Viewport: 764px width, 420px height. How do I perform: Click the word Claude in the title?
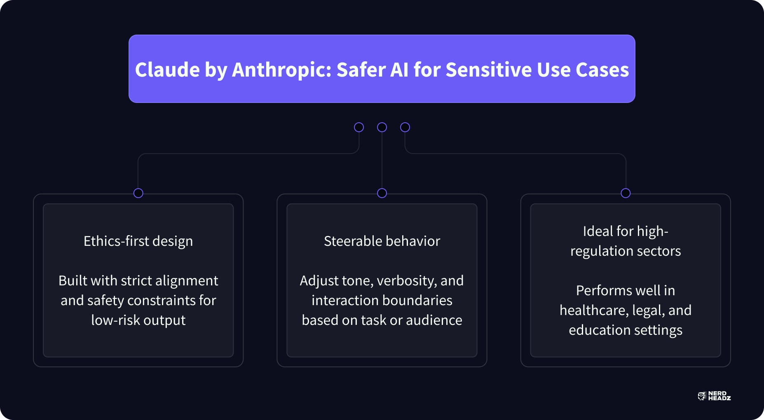[167, 70]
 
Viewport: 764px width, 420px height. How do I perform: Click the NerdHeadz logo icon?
[702, 396]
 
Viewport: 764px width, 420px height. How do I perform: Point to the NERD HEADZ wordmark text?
[719, 396]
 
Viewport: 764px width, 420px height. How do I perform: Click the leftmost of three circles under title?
[359, 127]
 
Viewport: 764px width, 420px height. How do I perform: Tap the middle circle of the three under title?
[382, 127]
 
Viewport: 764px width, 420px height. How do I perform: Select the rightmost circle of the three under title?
[405, 127]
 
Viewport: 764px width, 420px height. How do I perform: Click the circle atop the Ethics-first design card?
[138, 193]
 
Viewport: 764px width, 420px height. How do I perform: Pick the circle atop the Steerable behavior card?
[382, 193]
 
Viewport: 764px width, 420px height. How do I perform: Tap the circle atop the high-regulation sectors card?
[626, 193]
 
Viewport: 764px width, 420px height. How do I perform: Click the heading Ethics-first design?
[138, 241]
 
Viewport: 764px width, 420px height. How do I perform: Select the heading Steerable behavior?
[382, 241]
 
